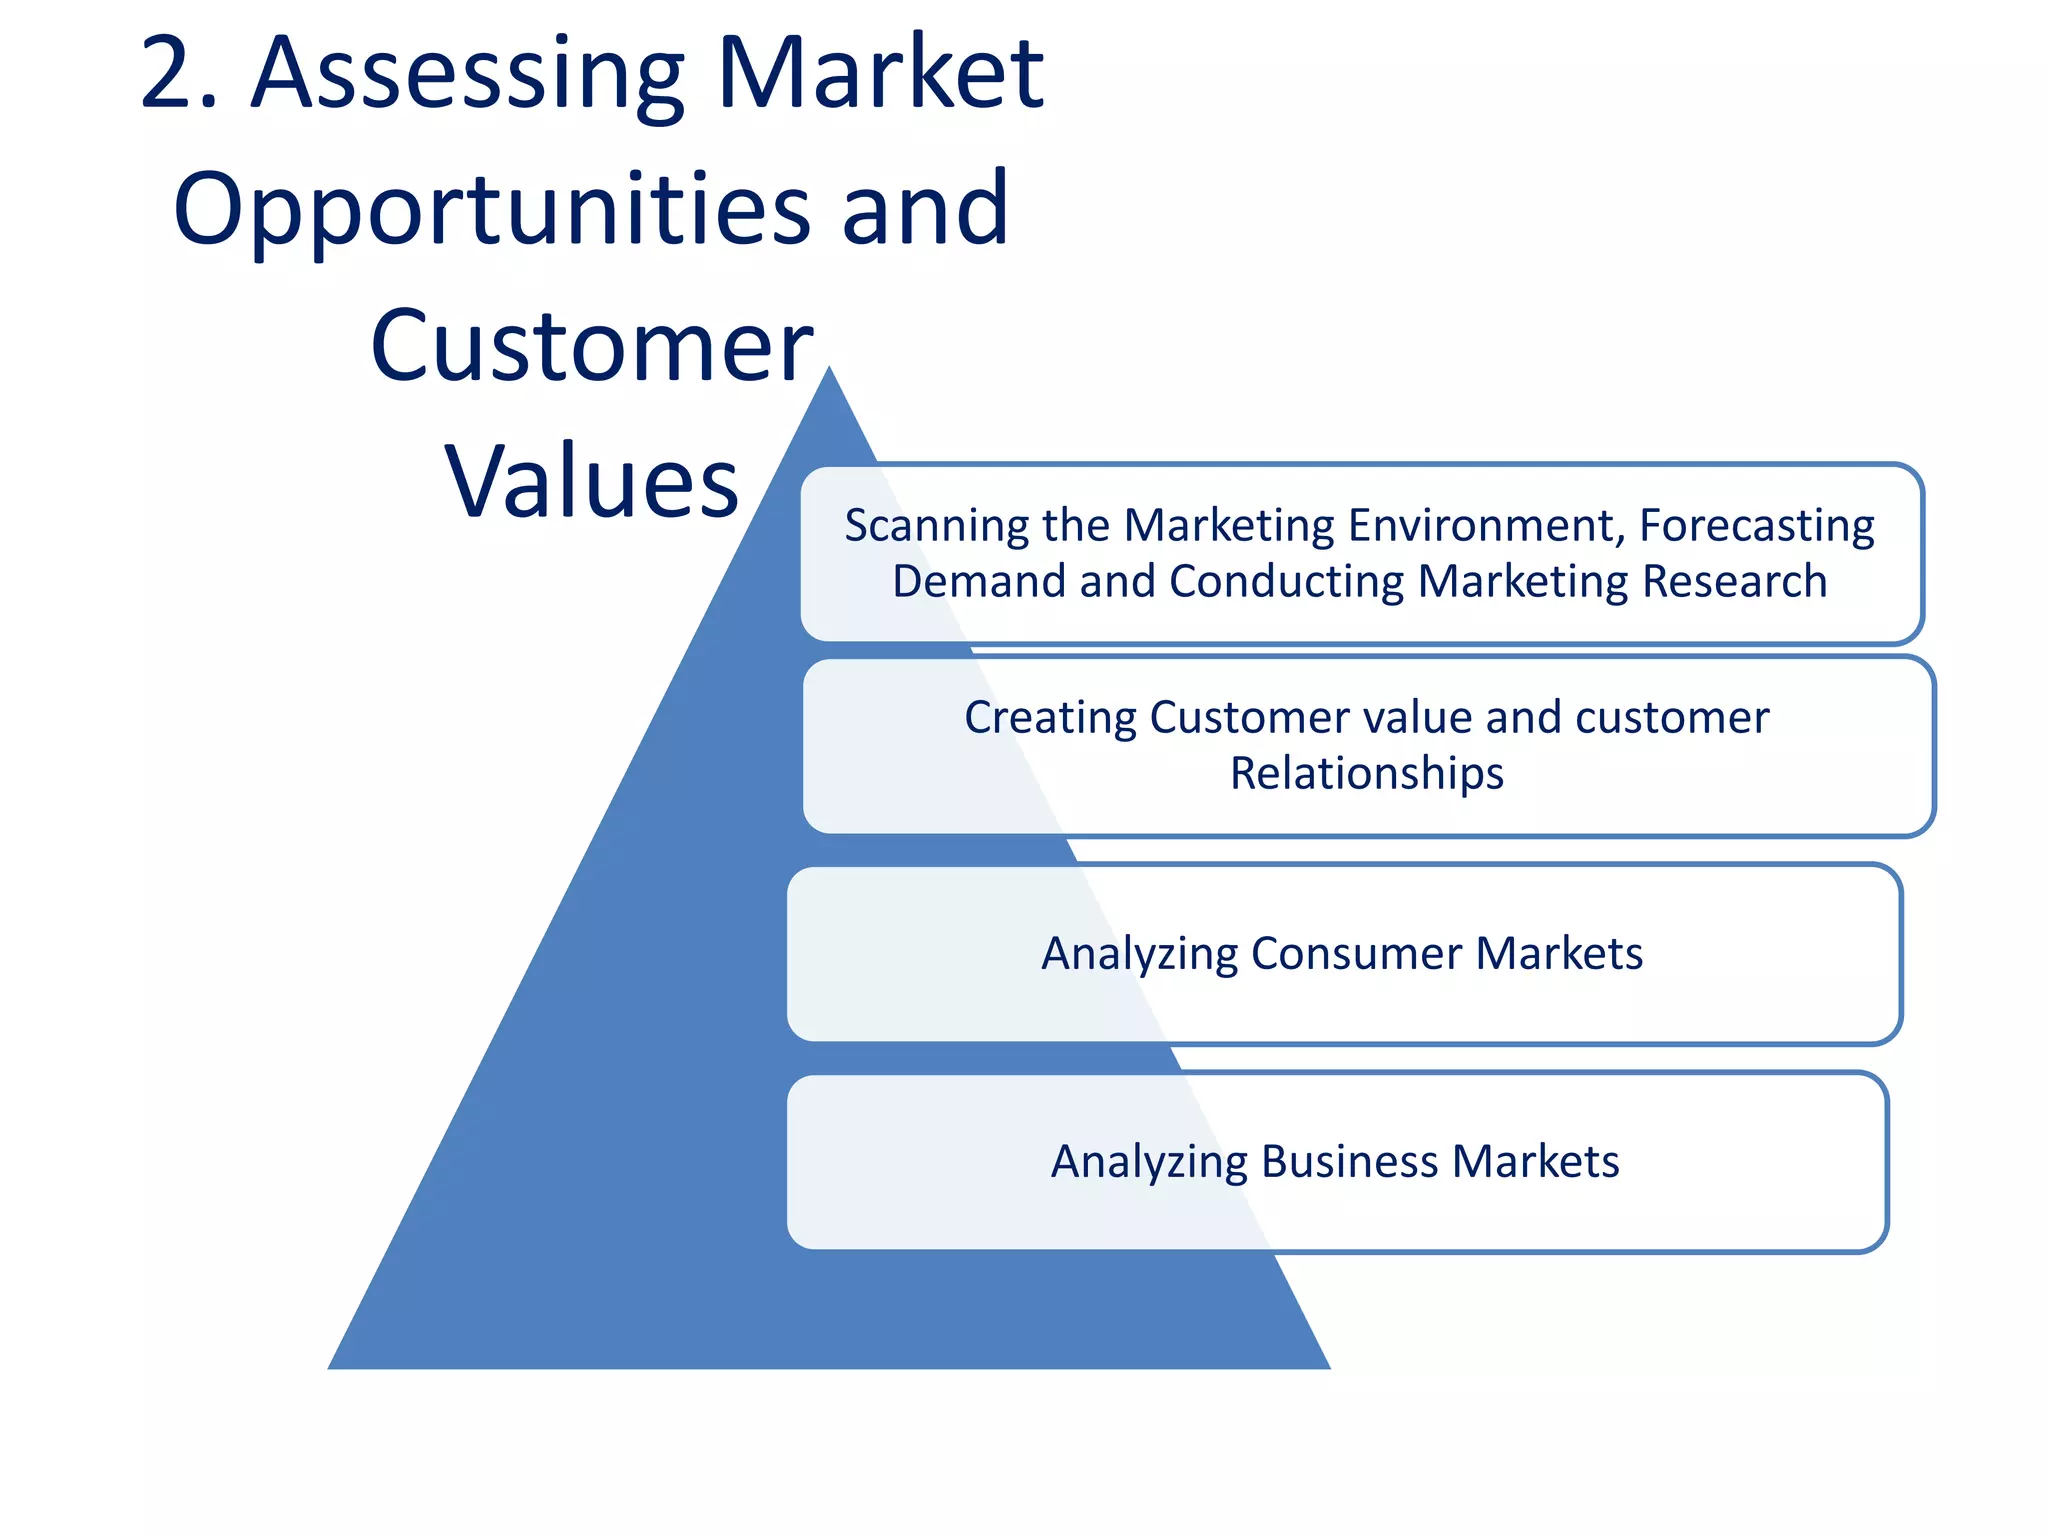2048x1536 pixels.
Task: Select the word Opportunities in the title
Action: [x=490, y=210]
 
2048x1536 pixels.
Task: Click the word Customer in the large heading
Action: [x=592, y=346]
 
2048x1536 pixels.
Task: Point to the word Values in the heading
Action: [x=592, y=482]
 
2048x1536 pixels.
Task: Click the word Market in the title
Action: [x=880, y=74]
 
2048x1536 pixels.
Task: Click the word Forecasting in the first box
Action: [x=1756, y=526]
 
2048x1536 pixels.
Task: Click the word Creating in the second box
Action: [x=1050, y=718]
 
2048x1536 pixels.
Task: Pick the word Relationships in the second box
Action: [x=1366, y=774]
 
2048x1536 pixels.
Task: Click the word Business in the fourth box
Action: [x=1350, y=1162]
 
